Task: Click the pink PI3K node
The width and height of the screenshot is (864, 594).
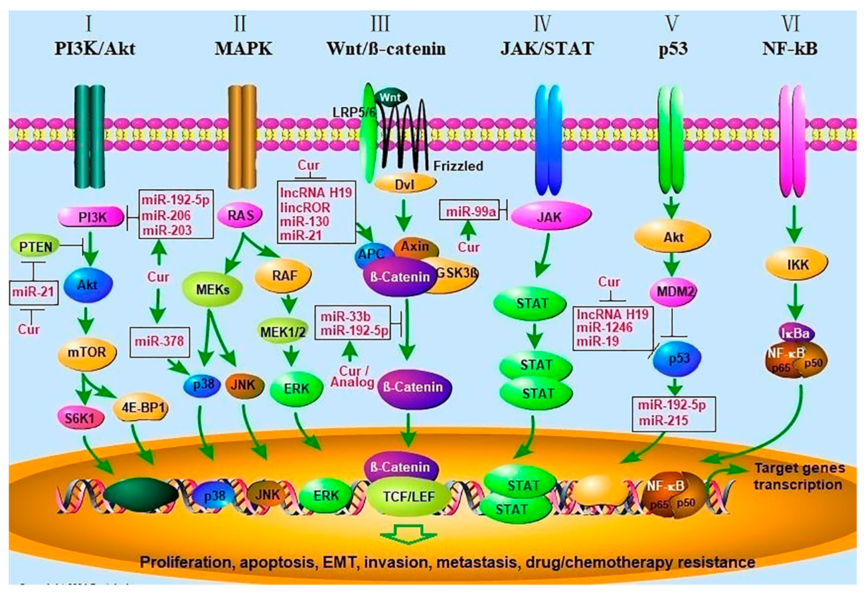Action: pyautogui.click(x=91, y=217)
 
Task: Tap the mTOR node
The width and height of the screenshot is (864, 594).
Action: pyautogui.click(x=87, y=352)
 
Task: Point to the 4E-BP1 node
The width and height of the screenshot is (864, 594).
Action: pyautogui.click(x=143, y=408)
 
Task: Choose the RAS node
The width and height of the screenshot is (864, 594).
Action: pyautogui.click(x=240, y=215)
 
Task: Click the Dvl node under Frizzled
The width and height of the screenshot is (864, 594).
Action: pyautogui.click(x=404, y=184)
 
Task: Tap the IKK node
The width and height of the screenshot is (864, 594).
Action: pyautogui.click(x=797, y=265)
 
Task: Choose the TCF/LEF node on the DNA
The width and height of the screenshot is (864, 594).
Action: pyautogui.click(x=408, y=497)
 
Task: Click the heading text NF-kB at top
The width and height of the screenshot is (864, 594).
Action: pyautogui.click(x=789, y=49)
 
